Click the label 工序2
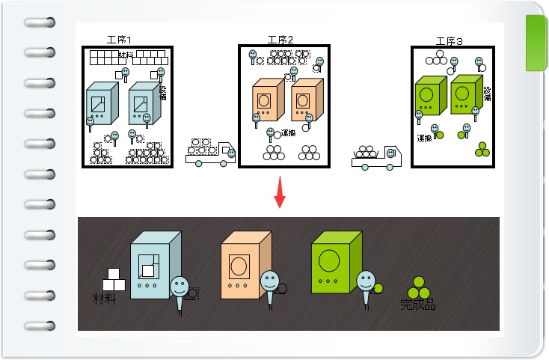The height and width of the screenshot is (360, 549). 280,39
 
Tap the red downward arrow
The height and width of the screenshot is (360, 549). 280,193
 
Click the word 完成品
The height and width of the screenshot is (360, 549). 418,305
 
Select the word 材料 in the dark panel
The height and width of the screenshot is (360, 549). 104,300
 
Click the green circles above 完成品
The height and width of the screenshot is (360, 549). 417,287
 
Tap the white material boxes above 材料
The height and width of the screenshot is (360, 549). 113,280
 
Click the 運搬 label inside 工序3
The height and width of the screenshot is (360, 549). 426,138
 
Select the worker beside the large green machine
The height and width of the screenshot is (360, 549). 365,285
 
